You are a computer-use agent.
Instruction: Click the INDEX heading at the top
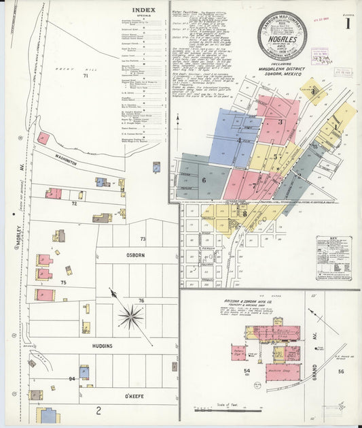coord(144,10)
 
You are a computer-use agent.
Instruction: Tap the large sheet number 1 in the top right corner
coord(347,24)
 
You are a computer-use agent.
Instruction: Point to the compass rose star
coord(130,316)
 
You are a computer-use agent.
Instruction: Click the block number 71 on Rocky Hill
coord(86,76)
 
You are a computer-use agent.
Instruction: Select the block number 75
coord(63,282)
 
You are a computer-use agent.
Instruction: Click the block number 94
coord(71,378)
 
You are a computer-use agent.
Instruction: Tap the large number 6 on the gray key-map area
coord(203,180)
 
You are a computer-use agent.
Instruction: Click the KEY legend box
coord(333,257)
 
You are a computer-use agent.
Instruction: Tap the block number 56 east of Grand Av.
coord(341,372)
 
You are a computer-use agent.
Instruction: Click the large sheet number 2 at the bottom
coord(98,410)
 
